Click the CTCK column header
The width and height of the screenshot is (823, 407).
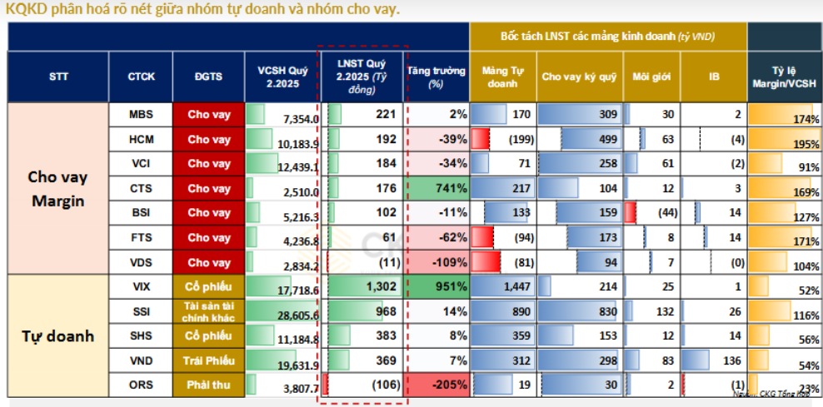(x=141, y=77)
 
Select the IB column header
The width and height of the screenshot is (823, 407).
(x=714, y=77)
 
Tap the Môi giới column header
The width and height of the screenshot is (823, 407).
(x=651, y=77)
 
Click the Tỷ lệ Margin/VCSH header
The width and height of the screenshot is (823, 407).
(x=784, y=77)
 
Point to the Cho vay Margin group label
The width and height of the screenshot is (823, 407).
(x=57, y=189)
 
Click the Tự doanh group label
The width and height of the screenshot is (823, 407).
(x=57, y=336)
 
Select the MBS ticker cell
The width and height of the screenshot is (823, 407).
(x=141, y=114)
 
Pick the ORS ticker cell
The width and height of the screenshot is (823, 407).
(x=141, y=385)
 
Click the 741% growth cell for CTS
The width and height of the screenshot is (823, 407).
(x=436, y=189)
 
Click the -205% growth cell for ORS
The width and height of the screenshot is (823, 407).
(x=436, y=385)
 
